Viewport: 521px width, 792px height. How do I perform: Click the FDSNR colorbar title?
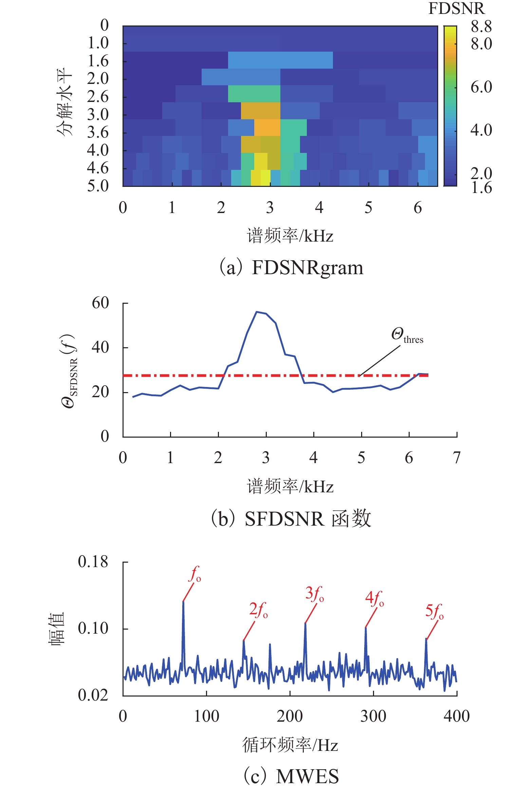tap(456, 8)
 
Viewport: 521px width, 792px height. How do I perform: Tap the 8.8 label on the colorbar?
tap(481, 27)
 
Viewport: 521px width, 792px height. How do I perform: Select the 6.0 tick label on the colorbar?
tap(481, 87)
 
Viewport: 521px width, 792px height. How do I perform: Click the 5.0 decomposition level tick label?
tap(98, 186)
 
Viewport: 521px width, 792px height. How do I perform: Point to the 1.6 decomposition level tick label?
tap(98, 61)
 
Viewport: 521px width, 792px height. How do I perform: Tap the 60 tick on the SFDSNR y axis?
tap(100, 303)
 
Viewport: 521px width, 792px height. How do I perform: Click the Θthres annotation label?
tap(407, 335)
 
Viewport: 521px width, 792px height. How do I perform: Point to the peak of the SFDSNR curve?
tap(257, 312)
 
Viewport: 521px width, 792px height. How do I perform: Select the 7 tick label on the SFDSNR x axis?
tap(457, 458)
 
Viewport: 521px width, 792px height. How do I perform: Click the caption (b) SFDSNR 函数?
tap(291, 519)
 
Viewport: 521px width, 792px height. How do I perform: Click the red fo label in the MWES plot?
tap(195, 574)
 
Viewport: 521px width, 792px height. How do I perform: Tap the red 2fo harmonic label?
tap(258, 610)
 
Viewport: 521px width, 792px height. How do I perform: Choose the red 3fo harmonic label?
tap(314, 594)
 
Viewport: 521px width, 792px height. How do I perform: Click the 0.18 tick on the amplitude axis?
tap(93, 562)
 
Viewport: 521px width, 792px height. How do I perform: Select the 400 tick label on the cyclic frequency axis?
tap(457, 716)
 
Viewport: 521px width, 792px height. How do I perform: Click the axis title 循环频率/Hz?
tap(290, 745)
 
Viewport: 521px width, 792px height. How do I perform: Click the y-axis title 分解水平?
tap(64, 102)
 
